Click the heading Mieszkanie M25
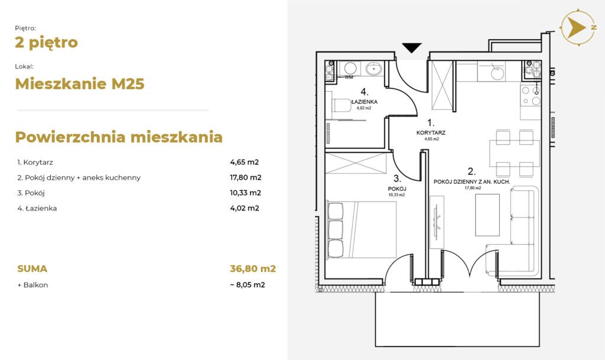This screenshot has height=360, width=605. point(80,84)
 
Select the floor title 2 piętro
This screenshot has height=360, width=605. point(46,43)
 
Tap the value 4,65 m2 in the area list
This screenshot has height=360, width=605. point(244,162)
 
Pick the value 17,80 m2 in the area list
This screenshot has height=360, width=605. point(246,177)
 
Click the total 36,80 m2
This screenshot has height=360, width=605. point(253,268)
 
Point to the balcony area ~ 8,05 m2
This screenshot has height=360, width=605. point(248,285)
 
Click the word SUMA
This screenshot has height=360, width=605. point(32,268)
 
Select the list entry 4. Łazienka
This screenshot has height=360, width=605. point(37,208)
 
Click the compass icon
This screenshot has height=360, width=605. point(578,27)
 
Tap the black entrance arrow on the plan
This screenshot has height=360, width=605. point(412,47)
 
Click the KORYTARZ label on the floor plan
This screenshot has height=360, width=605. point(431,133)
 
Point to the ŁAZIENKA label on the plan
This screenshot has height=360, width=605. point(364,102)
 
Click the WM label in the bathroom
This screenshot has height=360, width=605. point(349,77)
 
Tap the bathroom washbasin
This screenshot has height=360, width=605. point(373,69)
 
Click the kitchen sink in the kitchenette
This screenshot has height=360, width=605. point(497,73)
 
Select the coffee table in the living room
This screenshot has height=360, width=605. point(487,215)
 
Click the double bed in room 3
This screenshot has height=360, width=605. point(362,229)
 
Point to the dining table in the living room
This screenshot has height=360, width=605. point(515,153)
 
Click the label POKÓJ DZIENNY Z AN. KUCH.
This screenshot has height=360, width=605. point(472,181)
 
